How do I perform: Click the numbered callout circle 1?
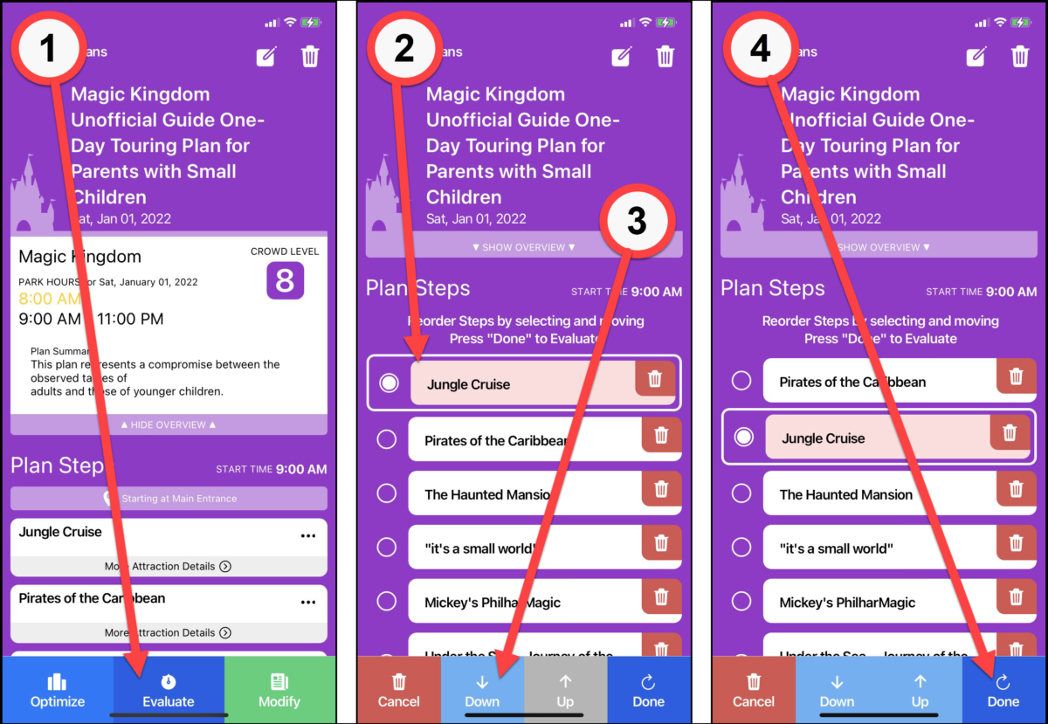click(49, 49)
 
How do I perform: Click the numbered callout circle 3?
click(637, 222)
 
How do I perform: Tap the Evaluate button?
click(169, 691)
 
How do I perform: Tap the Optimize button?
click(58, 691)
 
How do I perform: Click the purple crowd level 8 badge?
click(285, 281)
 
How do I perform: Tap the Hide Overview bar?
click(169, 424)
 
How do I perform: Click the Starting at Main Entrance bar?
click(169, 499)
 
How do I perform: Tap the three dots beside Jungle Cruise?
click(308, 535)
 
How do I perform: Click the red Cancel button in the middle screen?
click(399, 691)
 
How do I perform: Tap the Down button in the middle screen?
click(482, 691)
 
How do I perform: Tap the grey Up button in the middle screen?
click(565, 691)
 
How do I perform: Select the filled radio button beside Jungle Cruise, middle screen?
click(390, 383)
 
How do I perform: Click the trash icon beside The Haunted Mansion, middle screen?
click(661, 488)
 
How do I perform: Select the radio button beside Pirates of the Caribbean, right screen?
click(741, 381)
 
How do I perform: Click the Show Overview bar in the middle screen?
click(524, 247)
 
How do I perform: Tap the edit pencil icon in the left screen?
click(266, 57)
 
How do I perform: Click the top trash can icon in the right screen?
click(1019, 57)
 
